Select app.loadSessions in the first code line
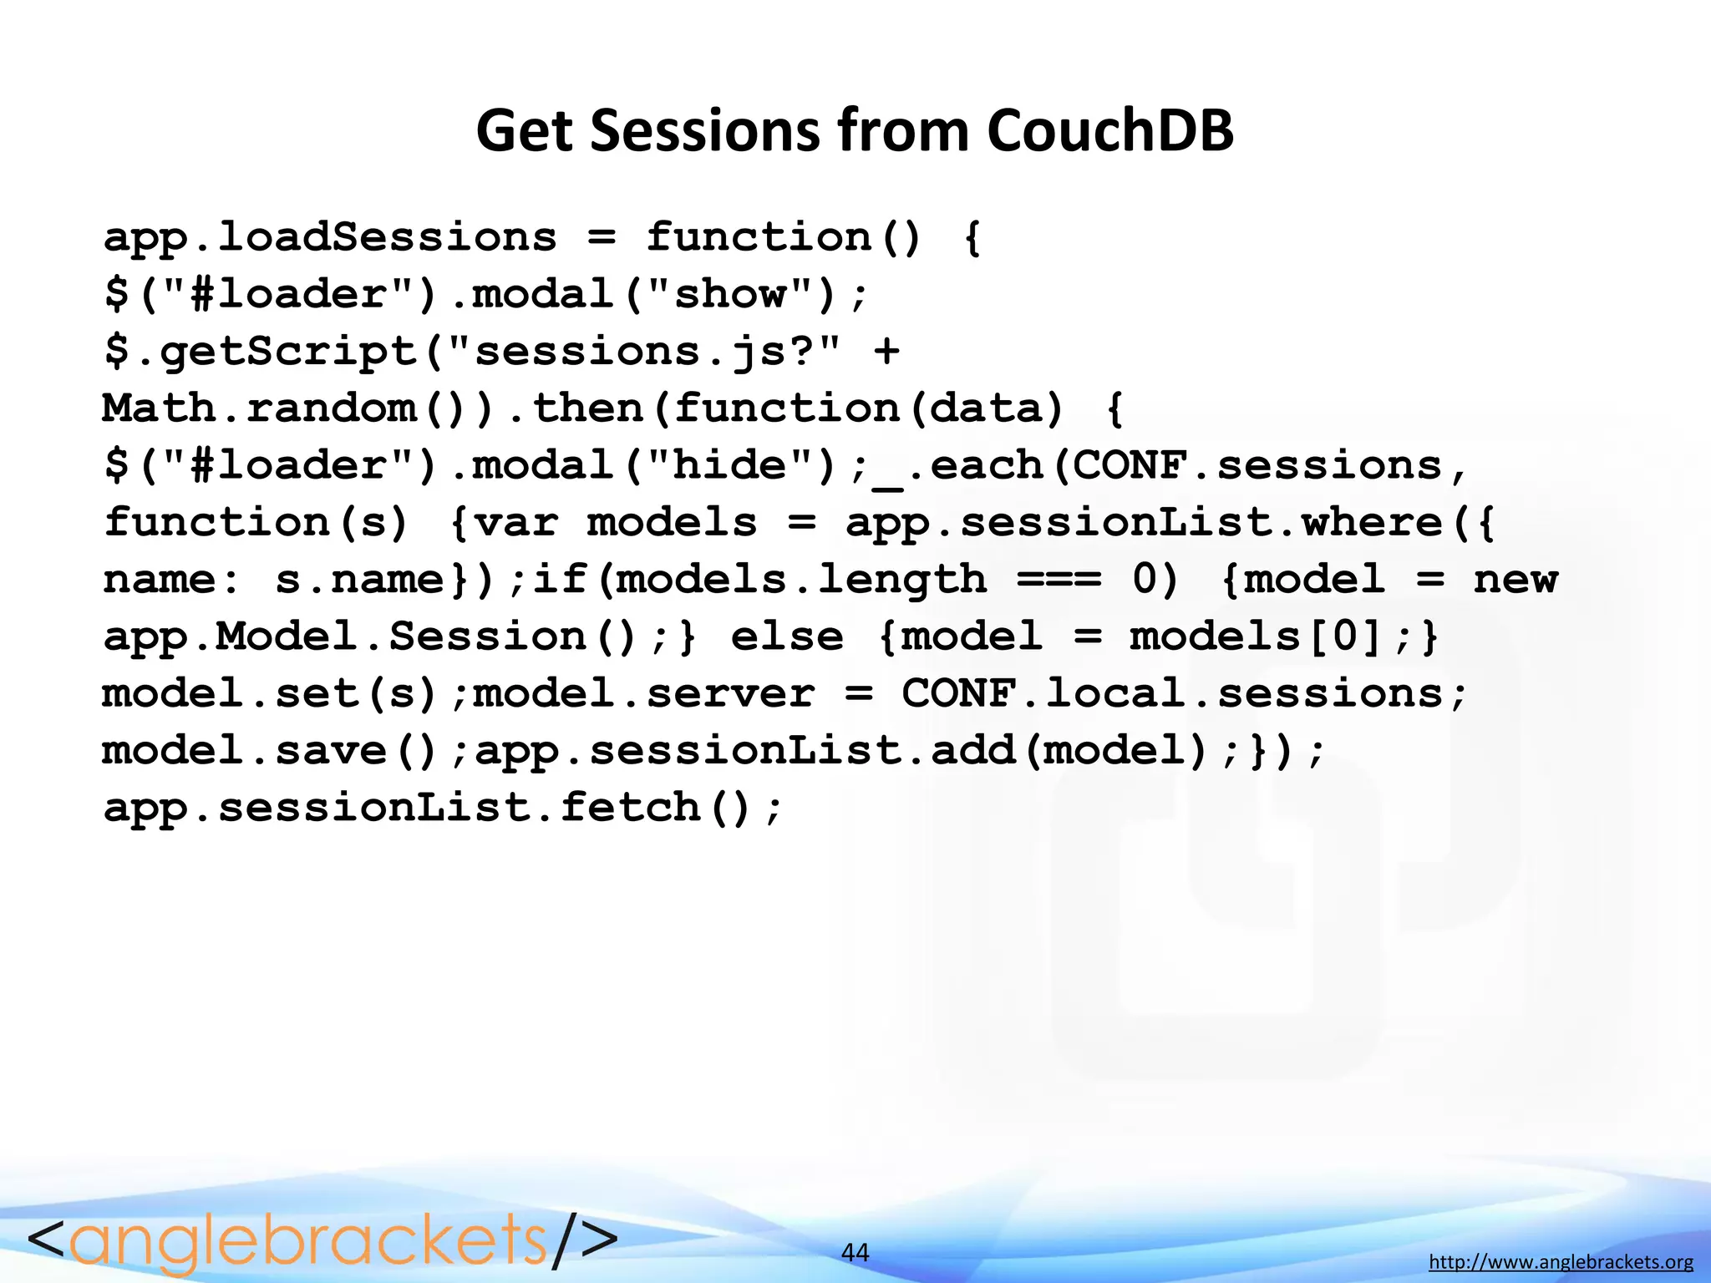(x=330, y=237)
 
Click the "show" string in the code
(x=730, y=294)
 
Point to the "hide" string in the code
(x=730, y=465)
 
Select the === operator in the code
(x=1059, y=580)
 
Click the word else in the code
(x=787, y=636)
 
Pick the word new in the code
(x=1516, y=580)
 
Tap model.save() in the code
(x=271, y=750)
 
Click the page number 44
(x=855, y=1252)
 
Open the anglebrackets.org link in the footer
(x=1561, y=1262)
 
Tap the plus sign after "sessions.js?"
(x=886, y=351)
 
